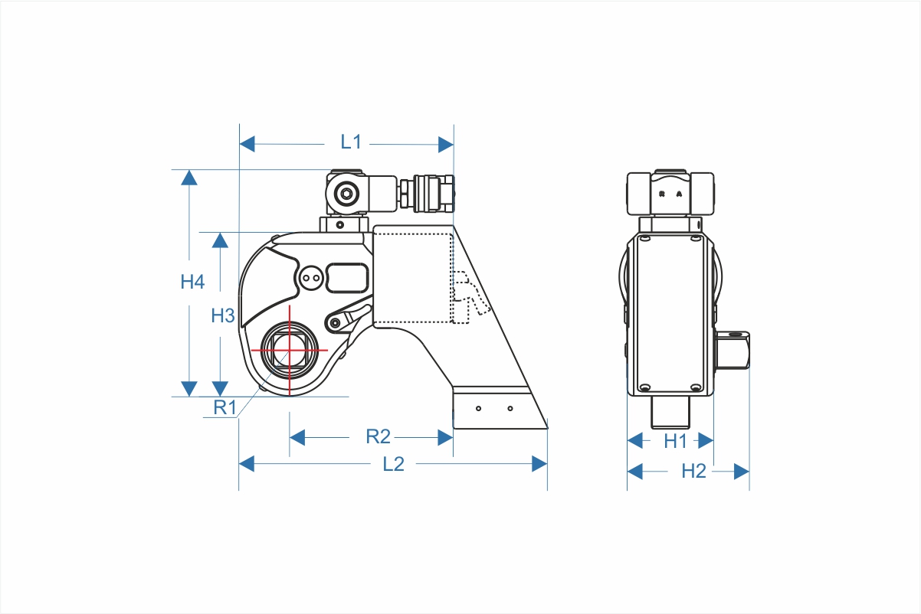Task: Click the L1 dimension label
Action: (351, 142)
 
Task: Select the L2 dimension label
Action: (394, 464)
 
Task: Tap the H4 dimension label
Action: (192, 282)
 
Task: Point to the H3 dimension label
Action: (223, 316)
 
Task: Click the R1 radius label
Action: (225, 407)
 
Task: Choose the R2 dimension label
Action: (378, 436)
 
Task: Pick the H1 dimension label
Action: (676, 441)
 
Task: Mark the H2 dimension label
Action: (693, 471)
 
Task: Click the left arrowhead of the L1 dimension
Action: (247, 144)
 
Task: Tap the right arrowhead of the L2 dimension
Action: (539, 464)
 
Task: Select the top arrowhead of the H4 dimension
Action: (189, 178)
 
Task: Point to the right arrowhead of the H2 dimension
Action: (742, 472)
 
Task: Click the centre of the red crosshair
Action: (290, 351)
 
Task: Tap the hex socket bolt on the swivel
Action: (346, 193)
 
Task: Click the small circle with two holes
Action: (311, 278)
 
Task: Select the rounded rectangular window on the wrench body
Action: (347, 278)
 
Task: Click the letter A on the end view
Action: (679, 194)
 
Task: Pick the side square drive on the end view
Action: (733, 351)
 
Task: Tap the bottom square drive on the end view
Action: (670, 413)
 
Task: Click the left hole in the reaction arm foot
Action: (478, 409)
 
